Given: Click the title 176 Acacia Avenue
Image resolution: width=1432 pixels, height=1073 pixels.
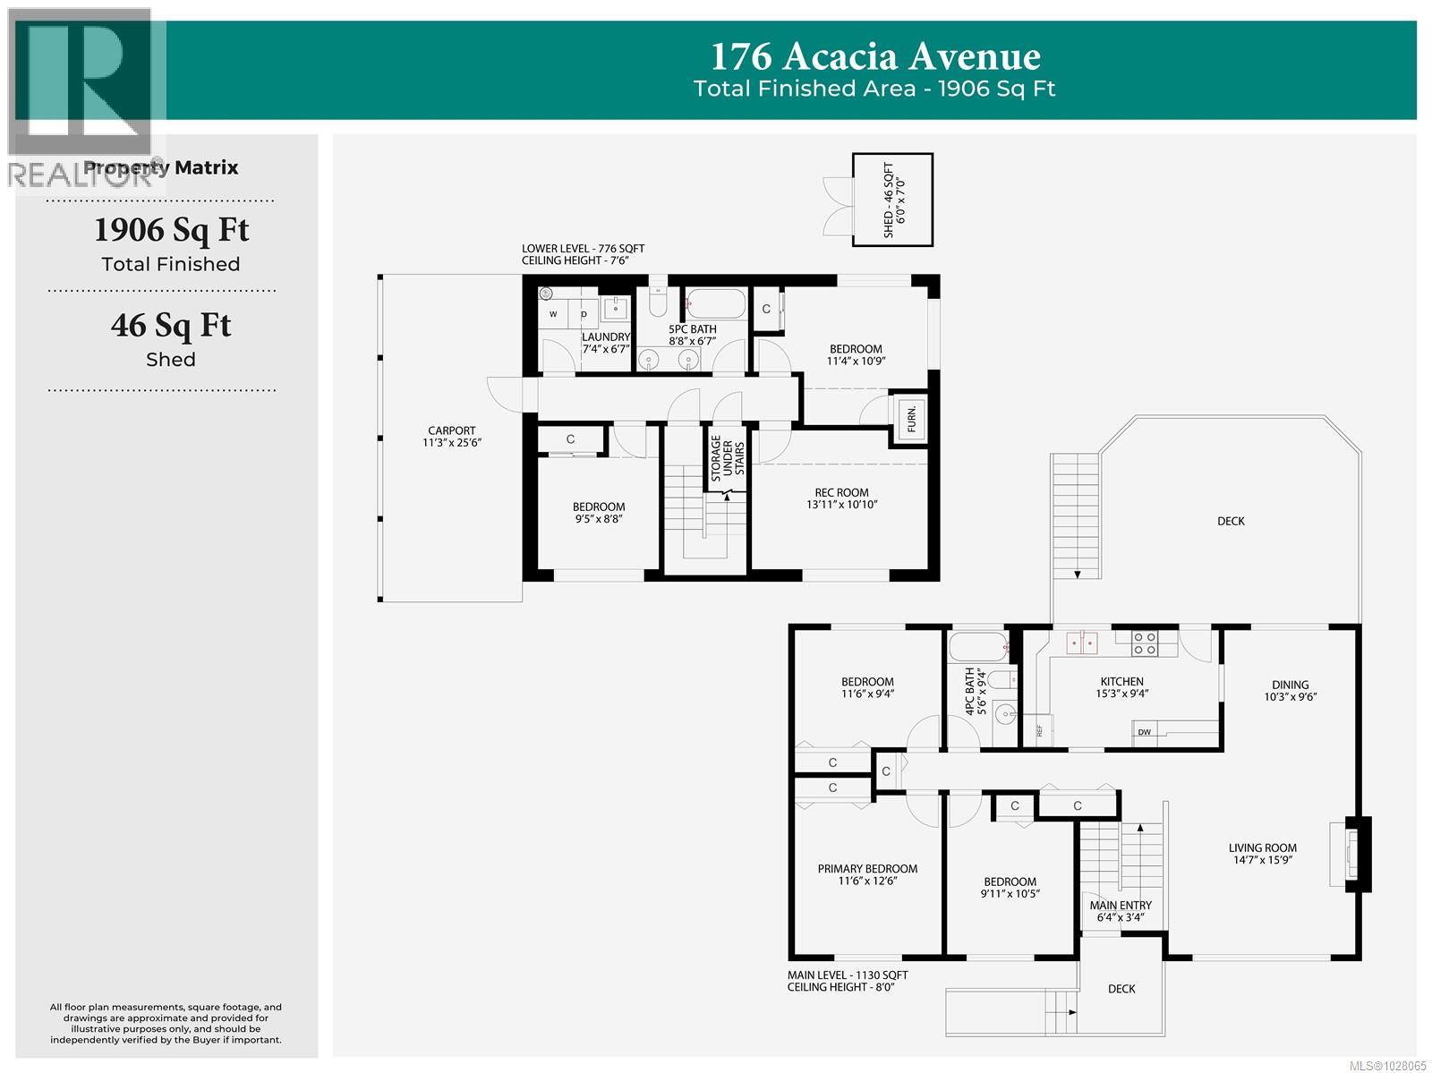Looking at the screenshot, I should click(x=874, y=56).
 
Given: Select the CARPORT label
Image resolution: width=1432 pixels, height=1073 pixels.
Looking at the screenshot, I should click(x=451, y=430).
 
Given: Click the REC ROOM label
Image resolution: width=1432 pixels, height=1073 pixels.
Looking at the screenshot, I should click(x=841, y=492).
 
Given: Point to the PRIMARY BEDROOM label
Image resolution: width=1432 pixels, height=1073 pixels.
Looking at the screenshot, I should click(x=867, y=868).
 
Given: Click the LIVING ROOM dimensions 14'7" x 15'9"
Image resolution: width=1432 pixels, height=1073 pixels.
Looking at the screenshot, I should click(x=1262, y=860).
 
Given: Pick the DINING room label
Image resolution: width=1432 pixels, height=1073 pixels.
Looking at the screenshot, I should click(x=1290, y=685).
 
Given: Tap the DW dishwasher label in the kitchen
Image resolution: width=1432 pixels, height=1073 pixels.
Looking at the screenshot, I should click(x=1145, y=732).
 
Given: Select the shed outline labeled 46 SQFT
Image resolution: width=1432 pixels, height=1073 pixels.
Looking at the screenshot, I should click(x=891, y=200).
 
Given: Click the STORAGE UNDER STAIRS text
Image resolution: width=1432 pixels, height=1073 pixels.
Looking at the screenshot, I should click(x=728, y=458).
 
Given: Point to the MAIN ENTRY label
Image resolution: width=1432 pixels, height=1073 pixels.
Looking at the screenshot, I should click(x=1121, y=905).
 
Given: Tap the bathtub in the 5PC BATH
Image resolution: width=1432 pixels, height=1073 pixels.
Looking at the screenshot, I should click(x=715, y=303).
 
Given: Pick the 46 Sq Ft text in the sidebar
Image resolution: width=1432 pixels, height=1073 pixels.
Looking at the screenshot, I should click(x=170, y=325).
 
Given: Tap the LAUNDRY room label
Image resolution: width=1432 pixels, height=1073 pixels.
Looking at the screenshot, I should click(x=606, y=337).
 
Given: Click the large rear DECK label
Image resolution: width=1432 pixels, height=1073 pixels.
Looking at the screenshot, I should click(x=1230, y=521).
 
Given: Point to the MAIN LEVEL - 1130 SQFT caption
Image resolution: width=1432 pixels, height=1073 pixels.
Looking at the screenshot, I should click(x=847, y=975).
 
